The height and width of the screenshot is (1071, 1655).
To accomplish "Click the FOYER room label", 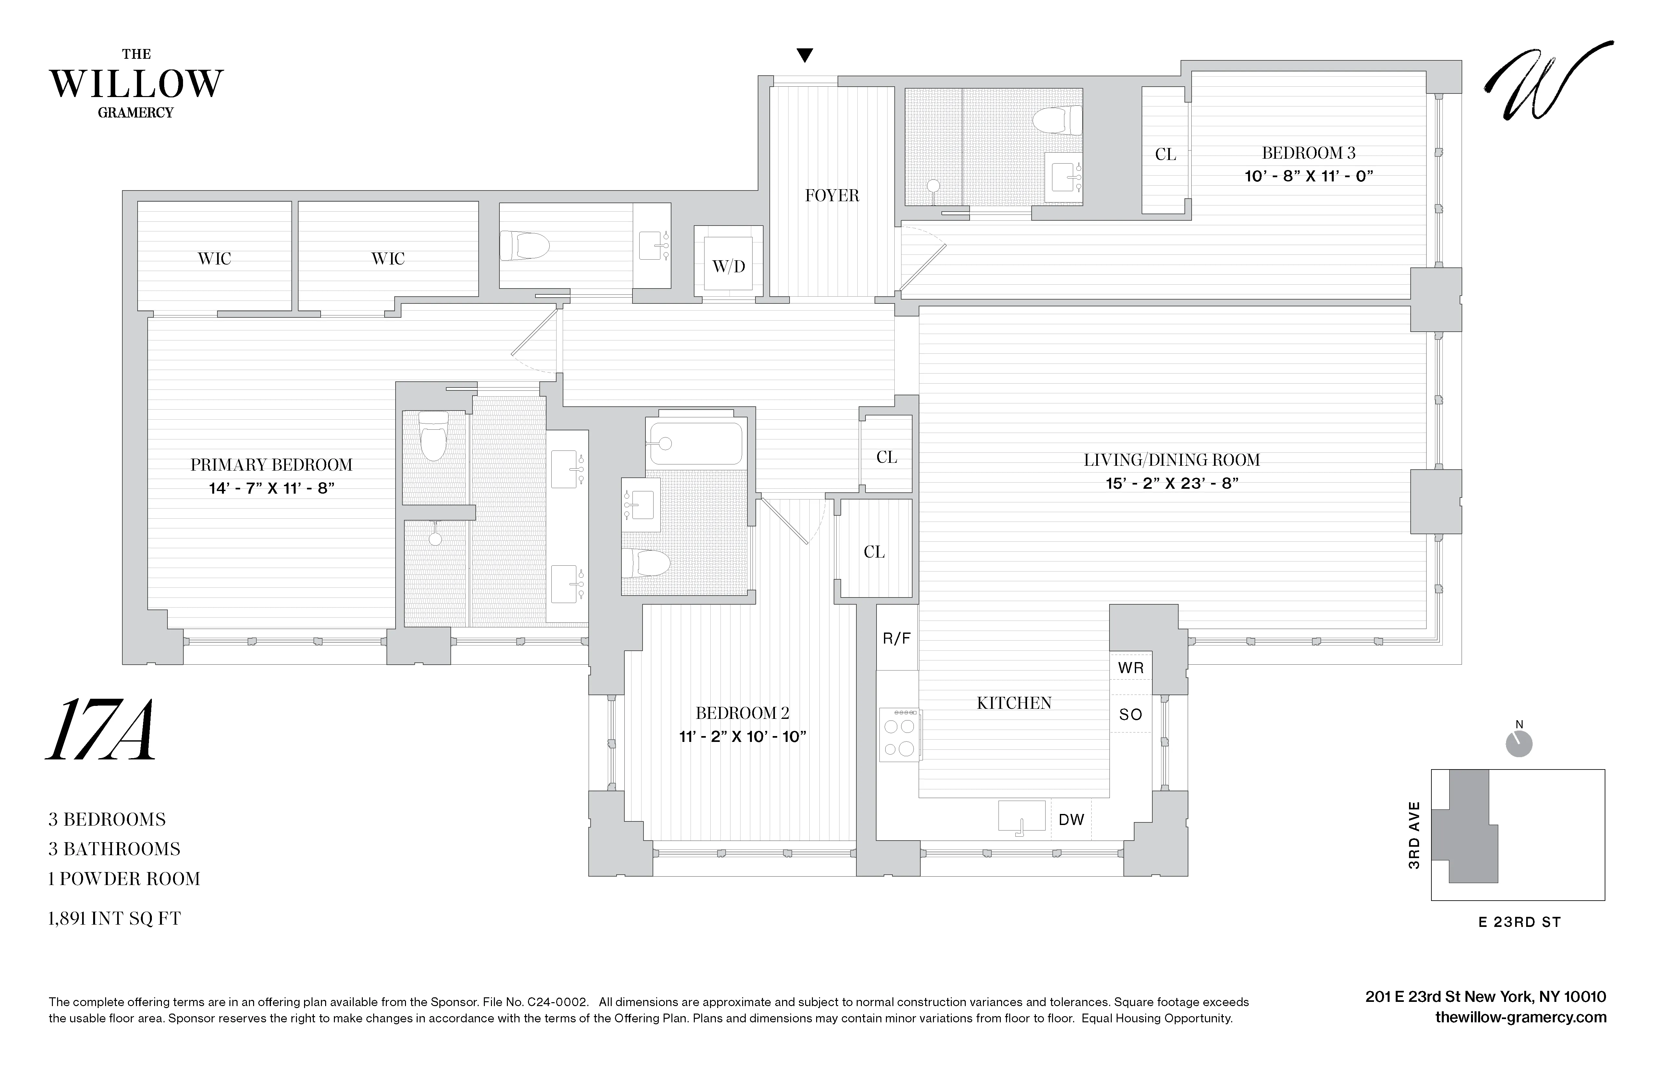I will tap(832, 195).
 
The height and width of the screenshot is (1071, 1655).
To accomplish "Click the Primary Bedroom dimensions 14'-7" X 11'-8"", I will tap(271, 488).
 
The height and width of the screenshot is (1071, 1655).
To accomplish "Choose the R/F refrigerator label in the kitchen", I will tap(896, 638).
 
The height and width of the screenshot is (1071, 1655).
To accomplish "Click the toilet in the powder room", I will tap(525, 245).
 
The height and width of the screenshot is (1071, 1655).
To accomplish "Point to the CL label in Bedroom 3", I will tap(1165, 154).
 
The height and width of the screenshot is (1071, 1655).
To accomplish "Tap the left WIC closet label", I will tap(214, 259).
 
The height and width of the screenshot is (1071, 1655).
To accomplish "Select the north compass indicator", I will tap(1519, 743).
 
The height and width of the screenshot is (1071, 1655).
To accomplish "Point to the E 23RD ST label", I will tap(1519, 922).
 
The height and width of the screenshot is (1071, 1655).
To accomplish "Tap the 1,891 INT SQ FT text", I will tap(114, 919).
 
